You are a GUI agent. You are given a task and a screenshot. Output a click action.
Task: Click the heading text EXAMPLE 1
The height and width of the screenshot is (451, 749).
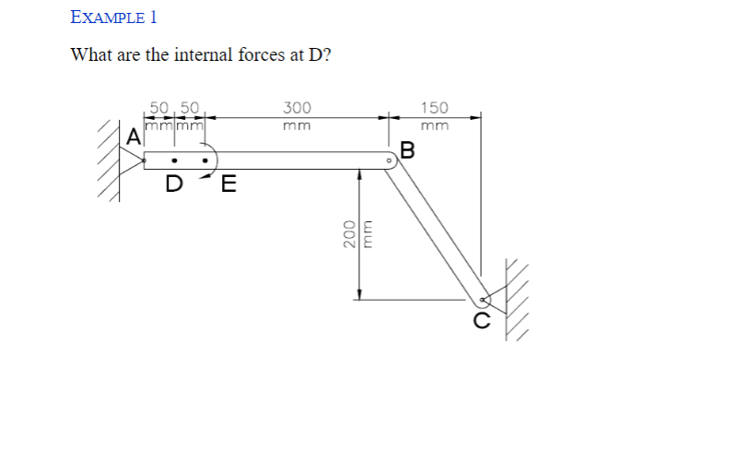pos(114,17)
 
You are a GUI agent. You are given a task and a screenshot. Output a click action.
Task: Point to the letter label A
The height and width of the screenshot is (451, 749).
pos(134,138)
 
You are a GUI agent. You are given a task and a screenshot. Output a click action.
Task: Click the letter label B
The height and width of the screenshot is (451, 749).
pos(408,149)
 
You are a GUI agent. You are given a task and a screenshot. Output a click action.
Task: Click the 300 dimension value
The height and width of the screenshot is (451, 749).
pos(297,107)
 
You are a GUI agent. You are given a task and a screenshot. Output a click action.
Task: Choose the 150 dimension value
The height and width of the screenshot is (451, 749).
pos(435,107)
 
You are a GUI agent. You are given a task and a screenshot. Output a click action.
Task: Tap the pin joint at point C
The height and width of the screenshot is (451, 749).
pos(484,299)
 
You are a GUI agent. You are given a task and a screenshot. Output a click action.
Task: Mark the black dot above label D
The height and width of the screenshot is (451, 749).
pos(173,160)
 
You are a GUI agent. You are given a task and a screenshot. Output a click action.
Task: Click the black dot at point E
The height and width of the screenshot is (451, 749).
pos(205,160)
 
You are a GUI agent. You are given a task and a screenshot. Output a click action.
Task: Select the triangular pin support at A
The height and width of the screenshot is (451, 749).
pos(135,160)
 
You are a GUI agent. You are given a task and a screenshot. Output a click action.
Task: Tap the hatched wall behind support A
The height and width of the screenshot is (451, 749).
pos(113,160)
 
